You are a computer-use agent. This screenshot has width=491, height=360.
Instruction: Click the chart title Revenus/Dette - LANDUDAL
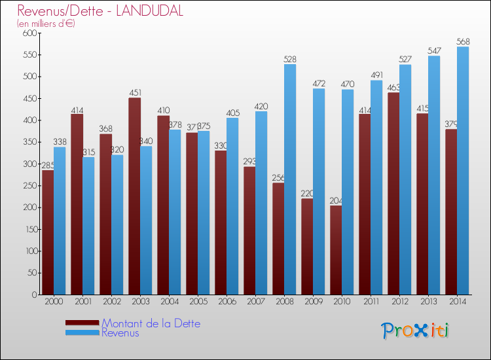pyautogui.click(x=100, y=11)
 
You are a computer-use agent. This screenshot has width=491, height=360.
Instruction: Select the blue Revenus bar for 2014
pyautogui.click(x=463, y=170)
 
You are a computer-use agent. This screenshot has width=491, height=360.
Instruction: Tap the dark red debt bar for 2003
pyautogui.click(x=134, y=196)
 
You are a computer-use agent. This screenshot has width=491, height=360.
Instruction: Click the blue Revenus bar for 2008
pyautogui.click(x=290, y=179)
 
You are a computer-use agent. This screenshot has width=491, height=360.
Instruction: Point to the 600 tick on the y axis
pyautogui.click(x=29, y=33)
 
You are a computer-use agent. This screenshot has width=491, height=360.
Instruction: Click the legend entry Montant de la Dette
pyautogui.click(x=151, y=323)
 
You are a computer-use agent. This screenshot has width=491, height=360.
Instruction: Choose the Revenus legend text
pyautogui.click(x=120, y=333)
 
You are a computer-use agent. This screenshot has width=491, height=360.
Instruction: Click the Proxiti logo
pyautogui.click(x=415, y=331)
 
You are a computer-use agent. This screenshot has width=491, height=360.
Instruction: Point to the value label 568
pyautogui.click(x=463, y=42)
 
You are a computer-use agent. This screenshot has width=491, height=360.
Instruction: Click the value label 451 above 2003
pyautogui.click(x=134, y=93)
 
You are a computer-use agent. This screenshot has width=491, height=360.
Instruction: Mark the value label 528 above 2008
pyautogui.click(x=290, y=60)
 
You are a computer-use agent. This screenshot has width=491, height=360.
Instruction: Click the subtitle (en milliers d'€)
pyautogui.click(x=46, y=24)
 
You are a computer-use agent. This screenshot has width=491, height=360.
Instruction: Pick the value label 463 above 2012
pyautogui.click(x=393, y=88)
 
